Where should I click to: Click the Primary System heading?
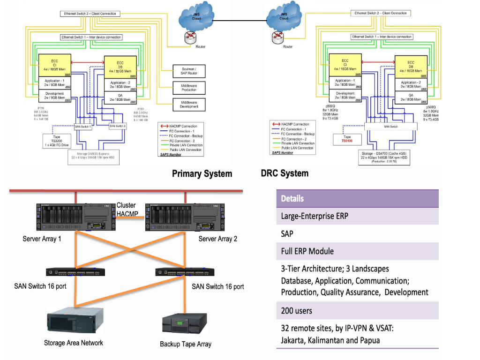pyautogui.click(x=202, y=174)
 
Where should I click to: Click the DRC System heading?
pyautogui.click(x=285, y=173)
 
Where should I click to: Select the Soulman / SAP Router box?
pyautogui.click(x=186, y=71)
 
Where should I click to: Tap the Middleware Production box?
pyautogui.click(x=186, y=88)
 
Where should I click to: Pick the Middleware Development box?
pyautogui.click(x=186, y=104)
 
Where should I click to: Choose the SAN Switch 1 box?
pyautogui.click(x=83, y=126)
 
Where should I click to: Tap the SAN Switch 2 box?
pyautogui.click(x=118, y=126)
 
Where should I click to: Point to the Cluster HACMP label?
pyautogui.click(x=126, y=210)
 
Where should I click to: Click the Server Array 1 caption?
pyautogui.click(x=42, y=239)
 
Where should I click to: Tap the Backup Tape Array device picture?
pyautogui.click(x=186, y=324)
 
